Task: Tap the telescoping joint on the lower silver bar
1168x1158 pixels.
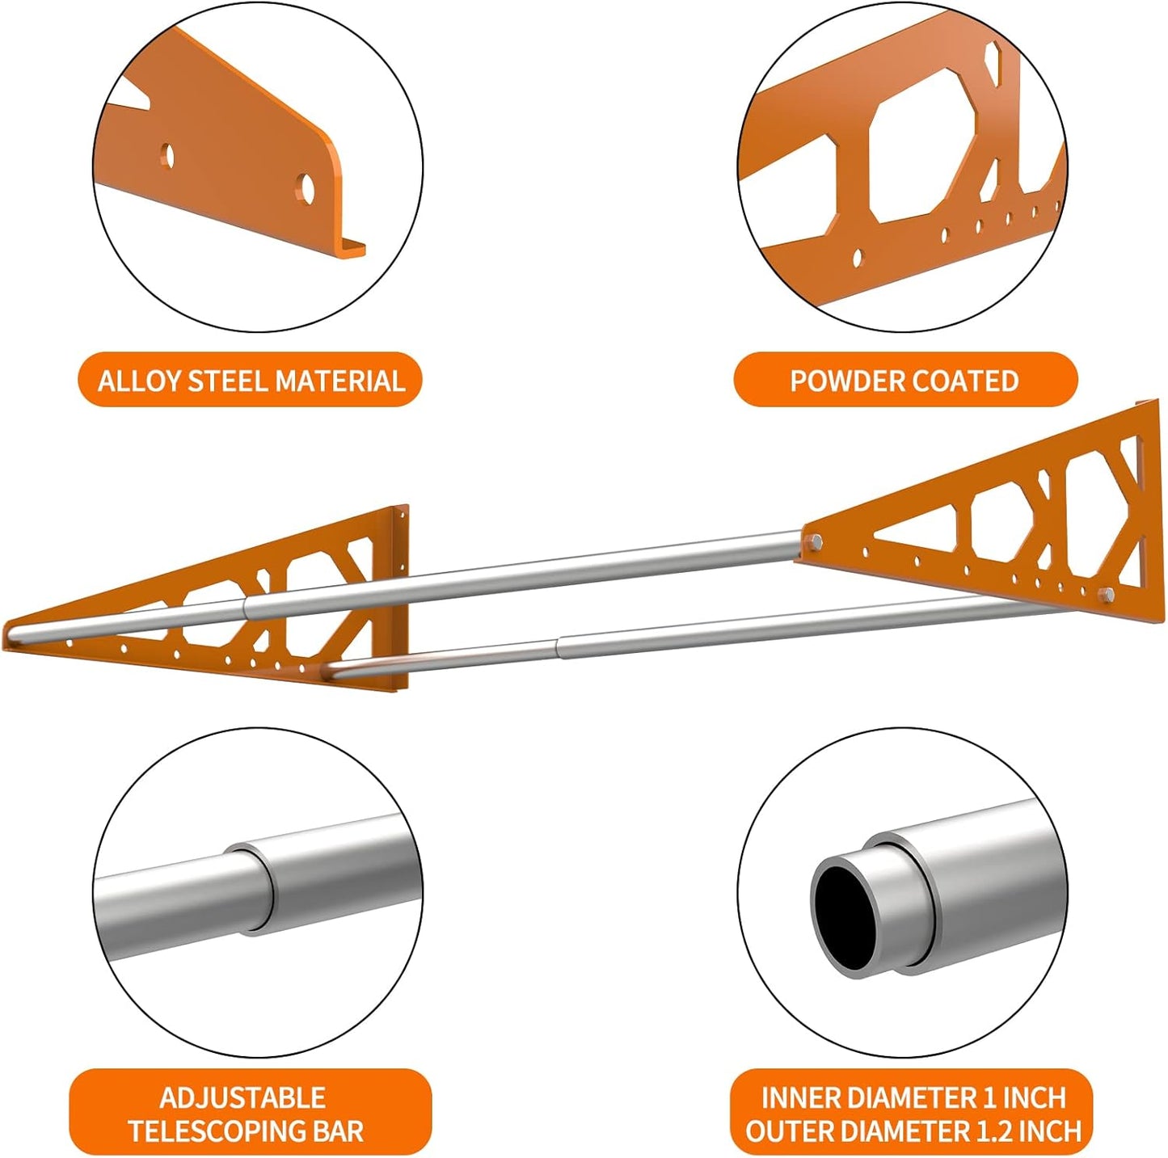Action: click(558, 644)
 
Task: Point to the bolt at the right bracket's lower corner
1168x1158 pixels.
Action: click(1107, 596)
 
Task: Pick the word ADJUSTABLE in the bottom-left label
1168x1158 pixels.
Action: click(242, 1097)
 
